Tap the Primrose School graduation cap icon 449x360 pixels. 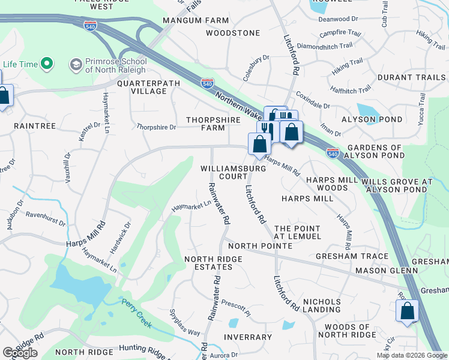[76, 64]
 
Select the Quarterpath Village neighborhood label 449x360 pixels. [141, 87]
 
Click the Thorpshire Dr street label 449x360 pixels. [156, 127]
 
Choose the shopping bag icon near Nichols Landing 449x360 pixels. [406, 311]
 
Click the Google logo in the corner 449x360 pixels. [20, 353]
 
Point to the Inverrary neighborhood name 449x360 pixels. [248, 337]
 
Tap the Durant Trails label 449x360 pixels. [411, 78]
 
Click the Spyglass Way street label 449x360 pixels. [185, 323]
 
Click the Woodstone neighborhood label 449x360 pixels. [232, 33]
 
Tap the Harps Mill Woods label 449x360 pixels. [327, 184]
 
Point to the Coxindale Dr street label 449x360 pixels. [313, 100]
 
